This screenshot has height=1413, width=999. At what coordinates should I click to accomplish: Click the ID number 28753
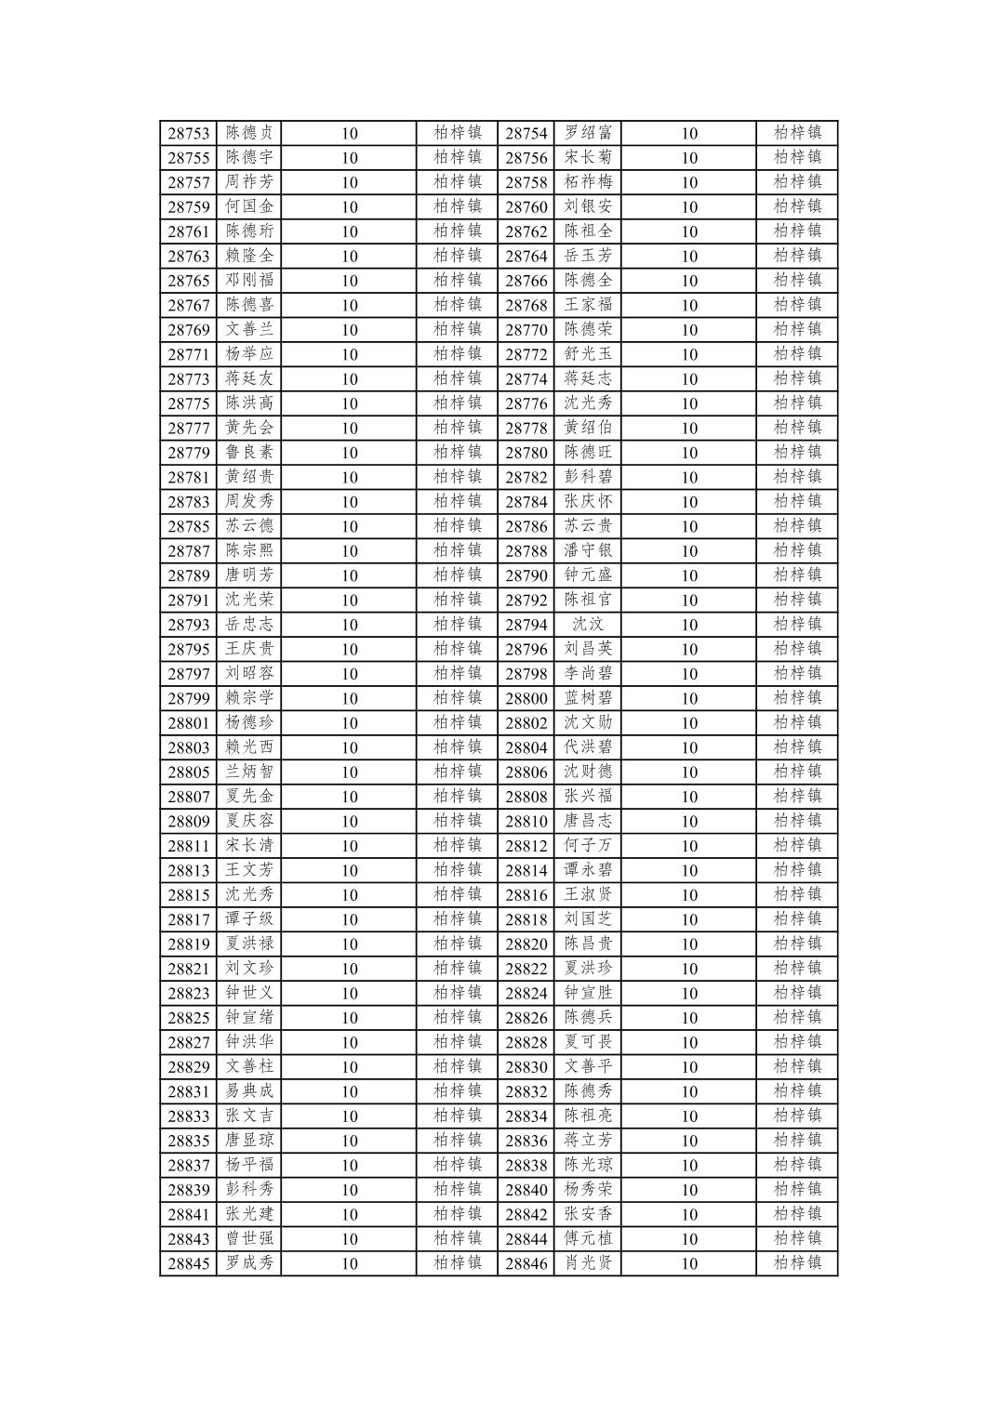point(188,133)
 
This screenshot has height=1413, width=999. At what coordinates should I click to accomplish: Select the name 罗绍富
point(588,133)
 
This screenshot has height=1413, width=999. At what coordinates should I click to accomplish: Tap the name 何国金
point(249,206)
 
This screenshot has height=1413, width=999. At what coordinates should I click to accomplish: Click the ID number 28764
point(526,256)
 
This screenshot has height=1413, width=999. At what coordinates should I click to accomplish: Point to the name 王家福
point(588,305)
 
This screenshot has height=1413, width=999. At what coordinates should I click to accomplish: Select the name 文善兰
point(249,329)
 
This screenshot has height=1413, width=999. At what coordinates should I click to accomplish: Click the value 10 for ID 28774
point(688,378)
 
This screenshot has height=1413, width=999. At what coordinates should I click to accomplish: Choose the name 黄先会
point(249,428)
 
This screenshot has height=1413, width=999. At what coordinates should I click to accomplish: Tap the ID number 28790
point(526,575)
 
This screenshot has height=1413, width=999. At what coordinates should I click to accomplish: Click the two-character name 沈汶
point(588,625)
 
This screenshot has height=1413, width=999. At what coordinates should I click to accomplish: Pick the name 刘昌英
point(588,649)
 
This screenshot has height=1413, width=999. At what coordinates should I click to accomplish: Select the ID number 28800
point(526,698)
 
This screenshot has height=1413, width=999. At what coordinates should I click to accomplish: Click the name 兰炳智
point(249,772)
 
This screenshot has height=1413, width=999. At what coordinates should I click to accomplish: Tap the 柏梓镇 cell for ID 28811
point(458,845)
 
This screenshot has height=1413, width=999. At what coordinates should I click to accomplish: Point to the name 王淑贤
point(588,894)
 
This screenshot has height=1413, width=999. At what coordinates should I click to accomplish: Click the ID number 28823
point(188,993)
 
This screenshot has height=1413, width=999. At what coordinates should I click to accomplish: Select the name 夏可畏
point(588,1042)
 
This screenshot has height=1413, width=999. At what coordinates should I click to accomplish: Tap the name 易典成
point(249,1091)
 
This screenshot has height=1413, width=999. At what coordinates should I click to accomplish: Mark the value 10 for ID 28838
point(688,1165)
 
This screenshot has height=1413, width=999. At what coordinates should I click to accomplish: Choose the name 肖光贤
point(588,1263)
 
